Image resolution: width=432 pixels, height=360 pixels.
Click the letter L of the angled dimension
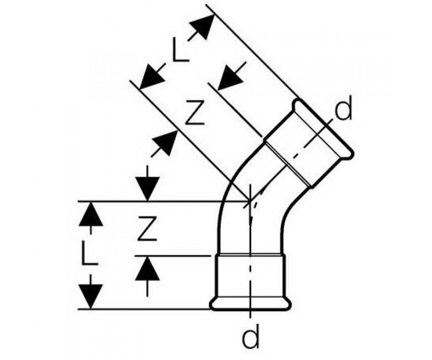pos(180,50)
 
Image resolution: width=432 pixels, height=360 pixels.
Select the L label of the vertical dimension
pos(89,253)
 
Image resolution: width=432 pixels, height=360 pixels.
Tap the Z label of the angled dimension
pos(195,113)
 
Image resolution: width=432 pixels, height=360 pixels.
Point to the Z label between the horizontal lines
pos(147,228)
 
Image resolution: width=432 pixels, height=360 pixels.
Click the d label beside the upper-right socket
pos(343,109)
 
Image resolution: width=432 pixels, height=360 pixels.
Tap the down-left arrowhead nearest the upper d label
pos(230,78)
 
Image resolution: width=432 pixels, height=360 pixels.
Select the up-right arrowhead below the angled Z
pos(165,143)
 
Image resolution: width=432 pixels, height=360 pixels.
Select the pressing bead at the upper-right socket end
pos(323,129)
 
